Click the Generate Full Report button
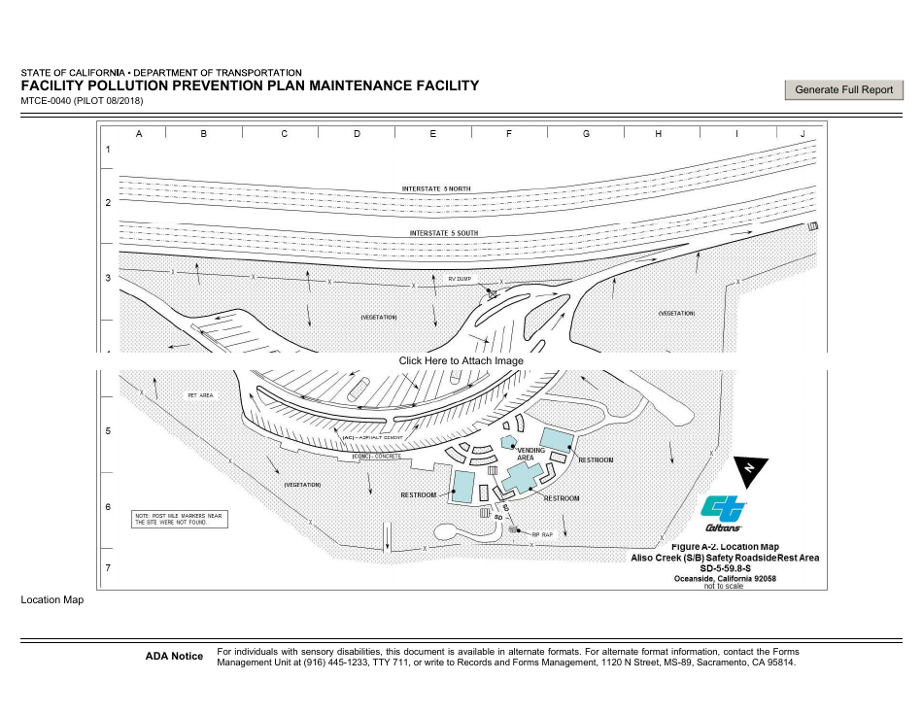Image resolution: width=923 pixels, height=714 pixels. pos(843,89)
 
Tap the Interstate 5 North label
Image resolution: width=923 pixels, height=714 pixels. pos(436,188)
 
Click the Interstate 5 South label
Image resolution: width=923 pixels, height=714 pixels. pos(443,233)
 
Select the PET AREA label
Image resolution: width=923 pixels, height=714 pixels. pos(200,395)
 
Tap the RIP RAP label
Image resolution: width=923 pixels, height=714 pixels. pos(541,534)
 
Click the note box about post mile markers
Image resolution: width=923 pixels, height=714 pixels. pos(180,518)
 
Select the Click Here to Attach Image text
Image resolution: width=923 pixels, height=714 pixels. pos(461,360)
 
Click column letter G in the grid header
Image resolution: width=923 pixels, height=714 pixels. pos(586,133)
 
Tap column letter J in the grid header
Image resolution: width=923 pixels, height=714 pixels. pos(803,133)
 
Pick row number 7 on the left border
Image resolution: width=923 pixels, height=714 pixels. pos(108,567)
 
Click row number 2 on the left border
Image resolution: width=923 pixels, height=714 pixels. pos(108,203)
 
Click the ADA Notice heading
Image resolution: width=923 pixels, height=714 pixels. pos(174,657)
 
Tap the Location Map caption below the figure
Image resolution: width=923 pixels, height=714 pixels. pos(52,599)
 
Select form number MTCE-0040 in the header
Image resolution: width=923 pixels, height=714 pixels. pos(46,101)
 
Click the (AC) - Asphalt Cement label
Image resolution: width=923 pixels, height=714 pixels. pos(372,438)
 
